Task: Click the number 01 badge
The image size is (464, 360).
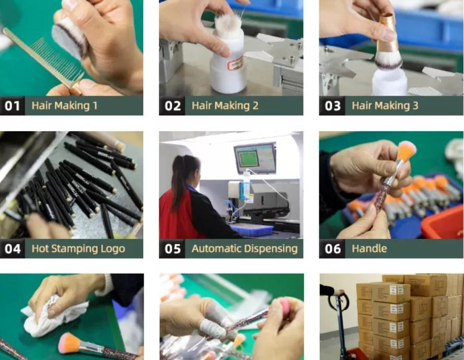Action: tap(13, 106)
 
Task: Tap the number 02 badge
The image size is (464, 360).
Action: tap(172, 106)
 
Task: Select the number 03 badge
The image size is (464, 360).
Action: tap(332, 106)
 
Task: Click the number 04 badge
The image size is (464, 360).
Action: tap(13, 249)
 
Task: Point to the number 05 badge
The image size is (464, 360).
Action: tap(172, 249)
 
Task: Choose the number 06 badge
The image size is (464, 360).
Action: tap(332, 249)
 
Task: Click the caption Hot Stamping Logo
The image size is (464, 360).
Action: tap(78, 249)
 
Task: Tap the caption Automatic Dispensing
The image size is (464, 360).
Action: tap(245, 249)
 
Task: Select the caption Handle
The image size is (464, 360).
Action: tap(369, 249)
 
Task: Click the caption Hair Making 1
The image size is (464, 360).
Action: tap(64, 106)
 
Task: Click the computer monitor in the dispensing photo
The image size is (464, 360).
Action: tap(254, 157)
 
